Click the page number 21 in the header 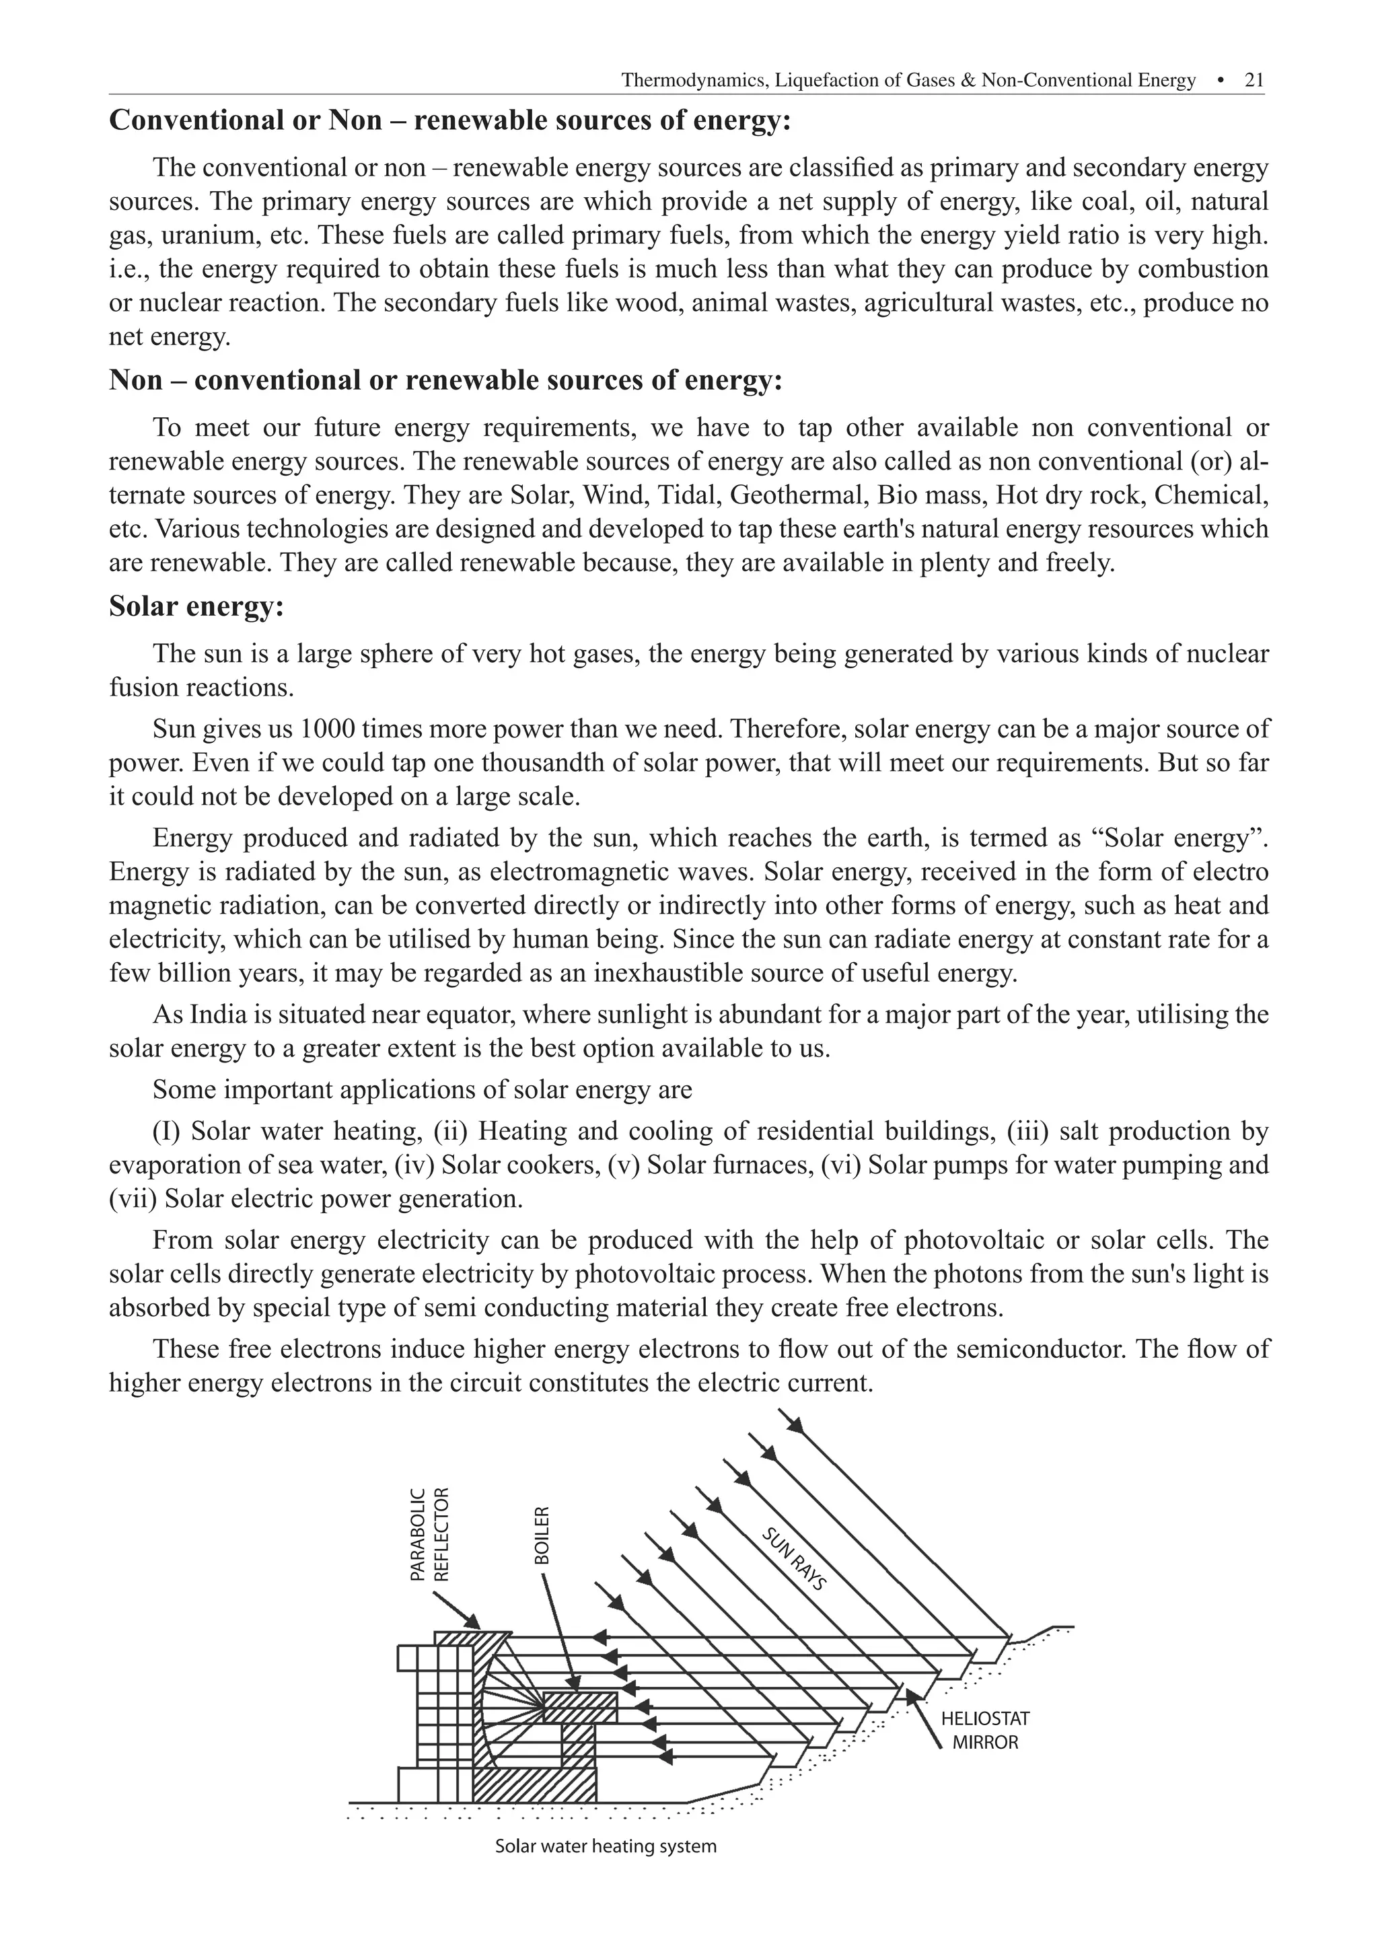pyautogui.click(x=1254, y=80)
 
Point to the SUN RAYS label pyautogui.click(x=794, y=1560)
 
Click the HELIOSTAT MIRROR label pyautogui.click(x=985, y=1731)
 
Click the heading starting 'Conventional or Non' pyautogui.click(x=450, y=120)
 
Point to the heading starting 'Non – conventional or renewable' pyautogui.click(x=445, y=380)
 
